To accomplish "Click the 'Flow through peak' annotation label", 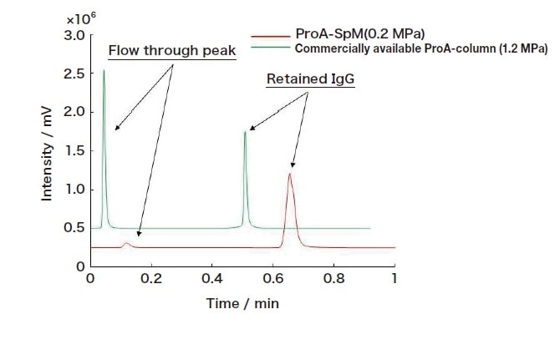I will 172,52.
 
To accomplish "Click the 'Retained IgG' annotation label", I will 307,79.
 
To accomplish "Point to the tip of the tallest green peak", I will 104,71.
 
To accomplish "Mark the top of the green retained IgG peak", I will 245,132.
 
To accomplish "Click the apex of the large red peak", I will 290,174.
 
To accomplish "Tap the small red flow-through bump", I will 126,244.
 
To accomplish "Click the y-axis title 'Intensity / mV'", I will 48,157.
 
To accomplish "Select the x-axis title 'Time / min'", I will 242,303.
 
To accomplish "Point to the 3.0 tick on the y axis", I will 74,35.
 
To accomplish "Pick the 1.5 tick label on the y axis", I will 74,150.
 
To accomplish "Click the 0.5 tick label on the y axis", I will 74,227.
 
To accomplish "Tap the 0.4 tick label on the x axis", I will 211,278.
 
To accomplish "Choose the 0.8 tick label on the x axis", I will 333,278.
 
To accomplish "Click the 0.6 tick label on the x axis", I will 272,278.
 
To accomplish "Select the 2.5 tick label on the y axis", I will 74,74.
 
